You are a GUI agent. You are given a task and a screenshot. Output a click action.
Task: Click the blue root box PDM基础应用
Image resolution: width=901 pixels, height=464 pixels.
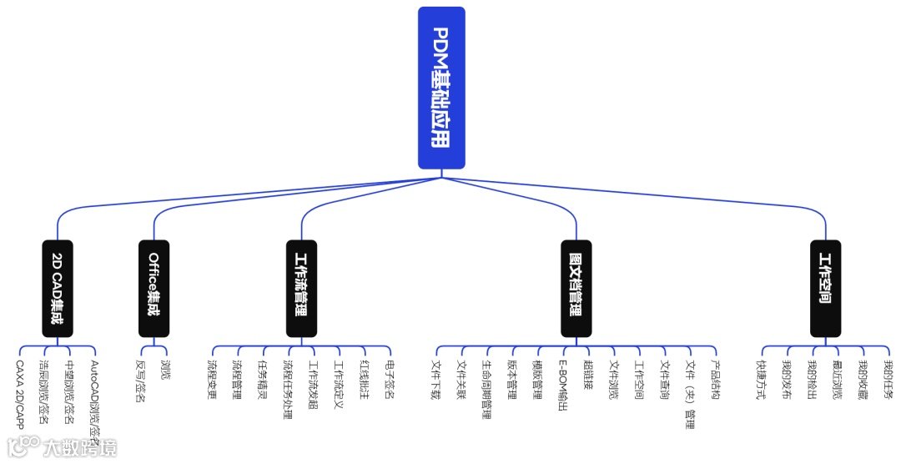[441, 88]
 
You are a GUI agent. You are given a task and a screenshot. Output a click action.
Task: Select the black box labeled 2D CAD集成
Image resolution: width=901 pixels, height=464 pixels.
[58, 289]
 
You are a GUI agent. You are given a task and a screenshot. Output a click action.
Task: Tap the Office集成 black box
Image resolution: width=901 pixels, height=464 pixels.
[154, 289]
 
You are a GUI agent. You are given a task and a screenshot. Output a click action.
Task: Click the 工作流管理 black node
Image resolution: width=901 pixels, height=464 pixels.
[300, 289]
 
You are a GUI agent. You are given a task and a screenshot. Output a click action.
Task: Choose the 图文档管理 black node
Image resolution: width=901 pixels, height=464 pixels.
[576, 289]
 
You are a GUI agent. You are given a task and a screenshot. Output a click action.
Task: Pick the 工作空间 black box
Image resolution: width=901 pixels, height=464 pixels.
[825, 289]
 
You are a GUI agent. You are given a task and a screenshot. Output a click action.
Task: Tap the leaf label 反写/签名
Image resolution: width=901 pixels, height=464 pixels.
[141, 381]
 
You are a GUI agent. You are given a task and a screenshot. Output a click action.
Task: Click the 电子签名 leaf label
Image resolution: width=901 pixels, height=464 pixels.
[390, 380]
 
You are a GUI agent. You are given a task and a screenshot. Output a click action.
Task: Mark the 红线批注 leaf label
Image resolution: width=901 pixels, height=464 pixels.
[365, 380]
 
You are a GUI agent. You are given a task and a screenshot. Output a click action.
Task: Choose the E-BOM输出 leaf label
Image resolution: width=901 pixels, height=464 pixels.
[563, 386]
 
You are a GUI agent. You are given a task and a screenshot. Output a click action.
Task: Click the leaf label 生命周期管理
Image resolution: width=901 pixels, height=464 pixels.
[487, 390]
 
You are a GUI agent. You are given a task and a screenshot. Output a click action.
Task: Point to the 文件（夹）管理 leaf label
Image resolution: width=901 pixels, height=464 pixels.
[690, 394]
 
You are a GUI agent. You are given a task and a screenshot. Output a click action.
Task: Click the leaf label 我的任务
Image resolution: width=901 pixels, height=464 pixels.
[888, 380]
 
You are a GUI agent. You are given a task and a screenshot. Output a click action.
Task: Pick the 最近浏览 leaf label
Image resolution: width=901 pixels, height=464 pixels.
[837, 380]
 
